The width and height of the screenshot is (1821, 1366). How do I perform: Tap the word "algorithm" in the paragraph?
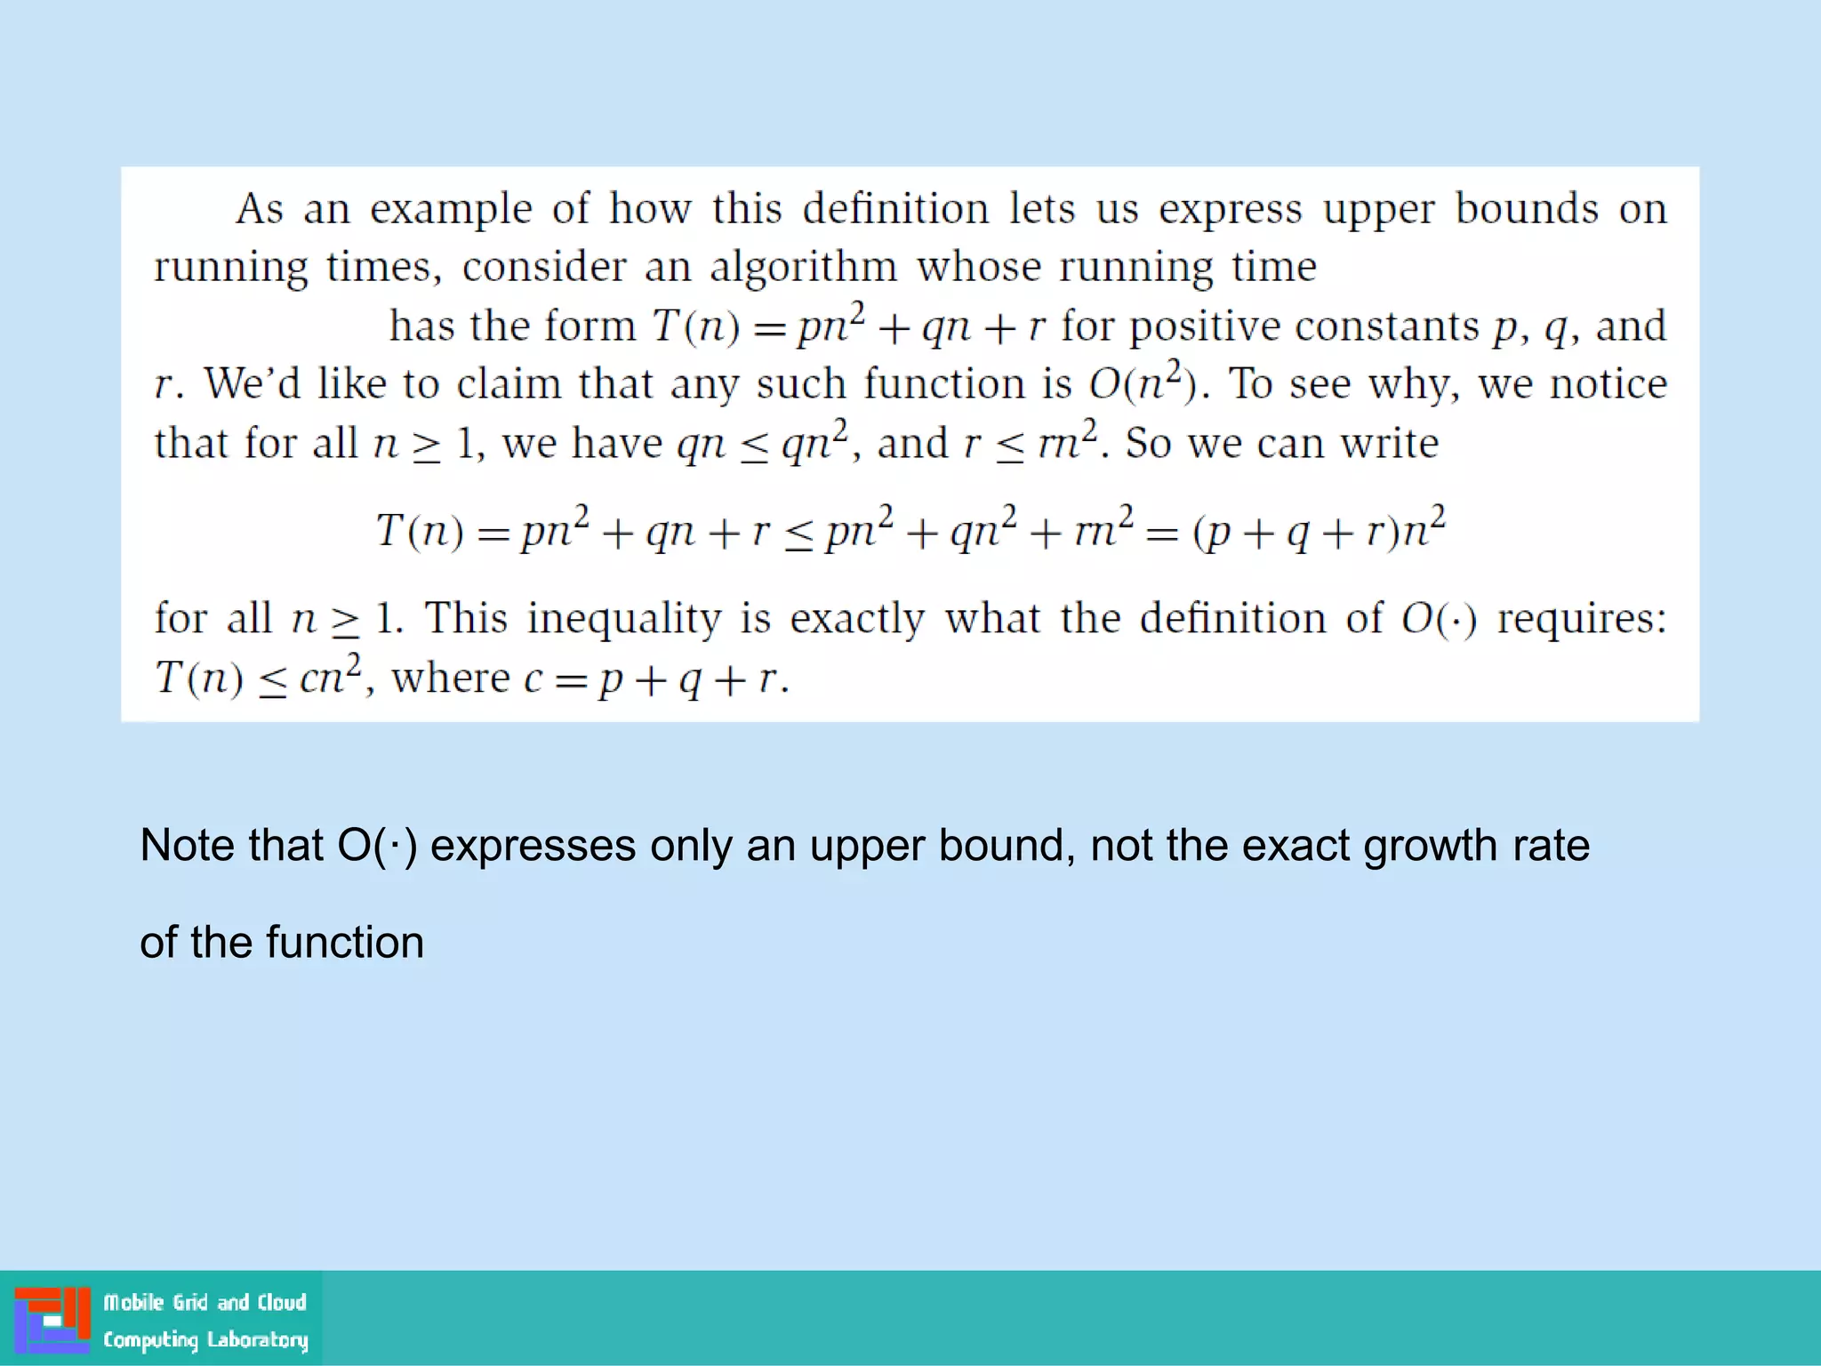[803, 268]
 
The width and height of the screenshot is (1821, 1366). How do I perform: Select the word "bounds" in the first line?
[1527, 210]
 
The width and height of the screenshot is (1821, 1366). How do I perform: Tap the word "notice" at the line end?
[1608, 385]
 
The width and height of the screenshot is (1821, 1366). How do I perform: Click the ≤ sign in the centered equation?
[798, 534]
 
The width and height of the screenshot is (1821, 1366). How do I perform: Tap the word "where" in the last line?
[451, 679]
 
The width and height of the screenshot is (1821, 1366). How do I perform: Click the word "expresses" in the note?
[533, 846]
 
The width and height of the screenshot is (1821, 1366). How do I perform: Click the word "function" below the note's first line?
[345, 943]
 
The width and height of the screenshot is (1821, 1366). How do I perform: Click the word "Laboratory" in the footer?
[257, 1339]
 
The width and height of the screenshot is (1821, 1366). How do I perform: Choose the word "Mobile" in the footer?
[133, 1303]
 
